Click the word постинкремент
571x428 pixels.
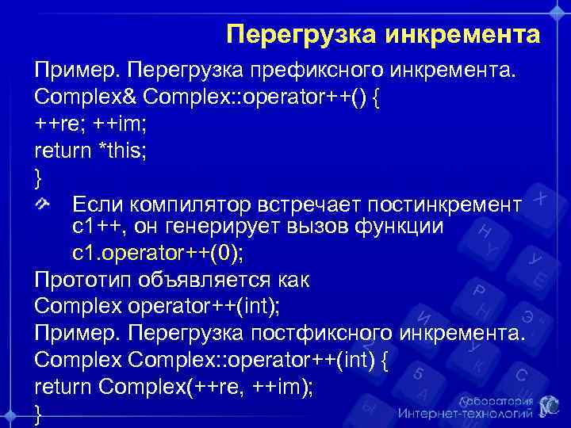[x=446, y=204]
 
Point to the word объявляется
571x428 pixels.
[x=212, y=280]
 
